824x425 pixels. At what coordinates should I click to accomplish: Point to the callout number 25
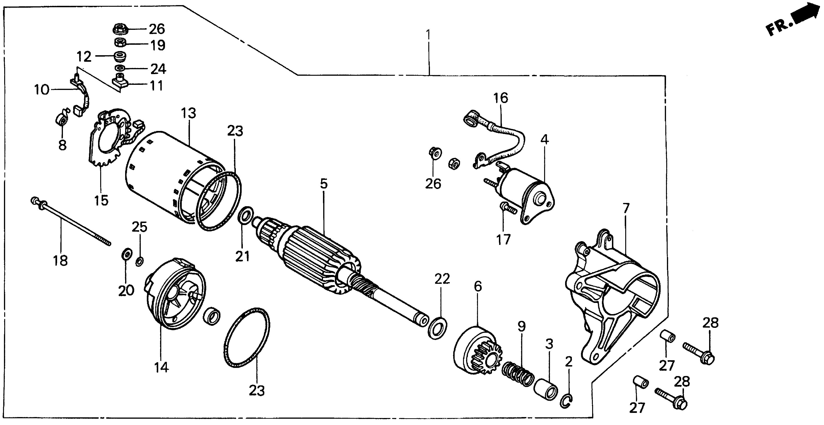pos(140,227)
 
